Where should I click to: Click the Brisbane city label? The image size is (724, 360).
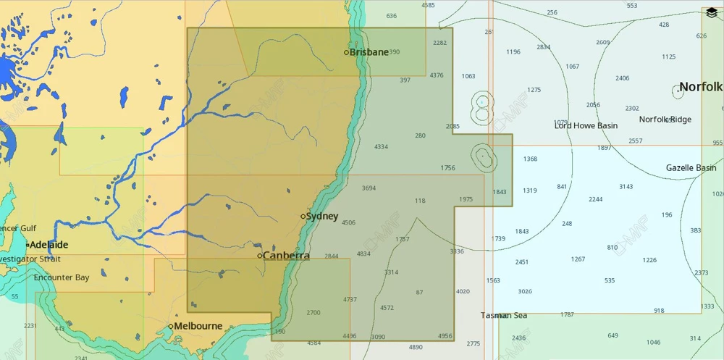tap(369, 52)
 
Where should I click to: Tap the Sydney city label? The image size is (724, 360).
tap(321, 216)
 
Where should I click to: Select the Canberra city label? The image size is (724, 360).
tap(286, 256)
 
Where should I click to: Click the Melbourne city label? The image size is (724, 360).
tap(198, 326)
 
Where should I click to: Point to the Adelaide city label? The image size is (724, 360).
tap(49, 245)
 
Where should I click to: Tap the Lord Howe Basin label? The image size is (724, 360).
tap(586, 125)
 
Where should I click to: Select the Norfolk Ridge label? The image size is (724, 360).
tap(665, 120)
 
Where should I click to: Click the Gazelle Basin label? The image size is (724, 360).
tap(691, 168)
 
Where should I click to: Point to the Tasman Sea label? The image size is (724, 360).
tap(504, 315)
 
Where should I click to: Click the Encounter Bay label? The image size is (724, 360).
tap(62, 277)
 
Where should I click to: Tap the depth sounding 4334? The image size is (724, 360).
tap(381, 147)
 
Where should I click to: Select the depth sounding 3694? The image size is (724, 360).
tap(369, 188)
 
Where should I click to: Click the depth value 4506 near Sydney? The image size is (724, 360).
tap(348, 222)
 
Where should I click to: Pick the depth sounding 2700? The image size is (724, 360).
tap(313, 312)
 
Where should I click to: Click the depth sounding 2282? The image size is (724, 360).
tap(439, 43)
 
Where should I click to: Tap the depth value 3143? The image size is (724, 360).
tap(626, 186)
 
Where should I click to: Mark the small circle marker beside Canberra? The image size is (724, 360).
tap(260, 256)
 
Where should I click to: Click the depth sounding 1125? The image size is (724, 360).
tap(668, 56)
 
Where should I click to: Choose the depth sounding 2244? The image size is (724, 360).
tap(595, 199)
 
